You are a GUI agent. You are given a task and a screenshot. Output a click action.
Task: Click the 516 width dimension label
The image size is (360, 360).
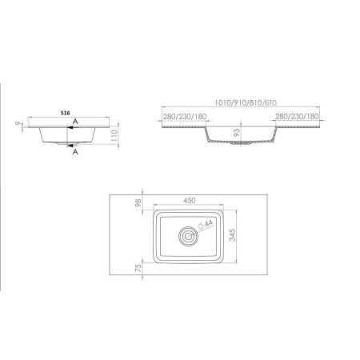coord(65,113)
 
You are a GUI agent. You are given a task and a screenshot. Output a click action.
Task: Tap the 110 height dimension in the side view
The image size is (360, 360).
coord(114,135)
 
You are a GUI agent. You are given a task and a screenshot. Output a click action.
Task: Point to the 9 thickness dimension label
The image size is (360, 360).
coord(18,123)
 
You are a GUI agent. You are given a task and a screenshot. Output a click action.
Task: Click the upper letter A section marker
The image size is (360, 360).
coord(75,122)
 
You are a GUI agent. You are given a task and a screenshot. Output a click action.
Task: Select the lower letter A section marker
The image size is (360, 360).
coord(75,152)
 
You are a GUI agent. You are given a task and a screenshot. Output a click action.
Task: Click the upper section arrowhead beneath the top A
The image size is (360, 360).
coord(70,127)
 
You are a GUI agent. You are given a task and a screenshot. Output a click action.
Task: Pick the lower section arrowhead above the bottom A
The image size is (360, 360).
coord(70,146)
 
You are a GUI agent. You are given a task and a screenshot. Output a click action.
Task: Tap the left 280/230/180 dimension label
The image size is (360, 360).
coord(185,117)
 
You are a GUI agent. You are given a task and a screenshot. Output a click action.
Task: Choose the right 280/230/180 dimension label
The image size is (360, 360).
coord(297,117)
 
